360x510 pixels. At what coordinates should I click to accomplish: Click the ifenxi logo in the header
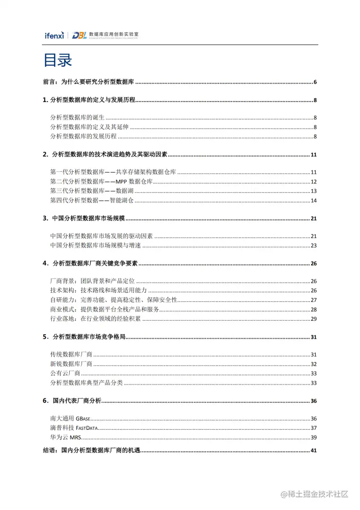click(53, 35)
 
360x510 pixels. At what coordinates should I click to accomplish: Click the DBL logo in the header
click(79, 35)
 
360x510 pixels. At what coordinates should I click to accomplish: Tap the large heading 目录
click(58, 60)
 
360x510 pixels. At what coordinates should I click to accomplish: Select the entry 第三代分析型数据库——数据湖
click(93, 191)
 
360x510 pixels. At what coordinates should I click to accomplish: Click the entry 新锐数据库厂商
click(72, 364)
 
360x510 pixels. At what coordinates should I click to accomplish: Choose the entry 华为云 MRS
click(65, 437)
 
